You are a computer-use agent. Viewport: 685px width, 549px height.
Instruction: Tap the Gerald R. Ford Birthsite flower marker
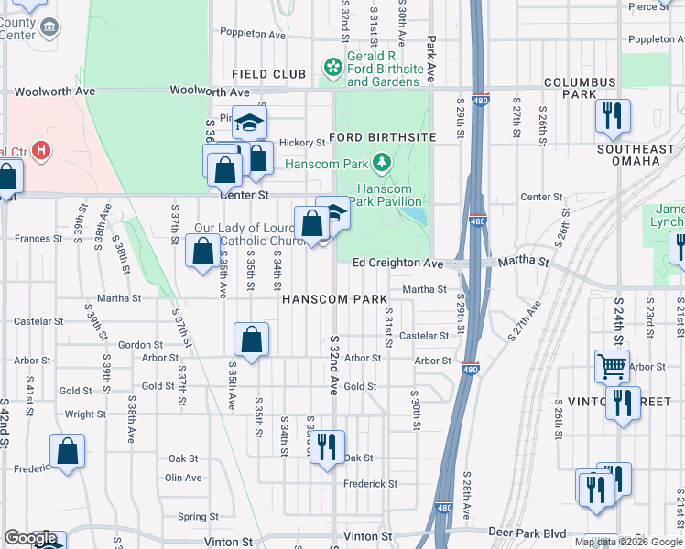click(333, 67)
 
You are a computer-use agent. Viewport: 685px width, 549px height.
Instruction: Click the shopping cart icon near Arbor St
click(612, 366)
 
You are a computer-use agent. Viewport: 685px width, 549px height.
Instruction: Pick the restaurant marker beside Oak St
click(327, 447)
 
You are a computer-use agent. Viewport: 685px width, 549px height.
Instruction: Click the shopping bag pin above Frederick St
click(68, 450)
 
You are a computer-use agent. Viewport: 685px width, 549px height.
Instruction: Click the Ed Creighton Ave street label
click(398, 264)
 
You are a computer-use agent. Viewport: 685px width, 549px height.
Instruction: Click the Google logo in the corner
click(30, 539)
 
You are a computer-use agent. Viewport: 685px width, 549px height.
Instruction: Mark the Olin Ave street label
click(183, 478)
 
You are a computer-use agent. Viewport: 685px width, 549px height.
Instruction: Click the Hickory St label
click(302, 143)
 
